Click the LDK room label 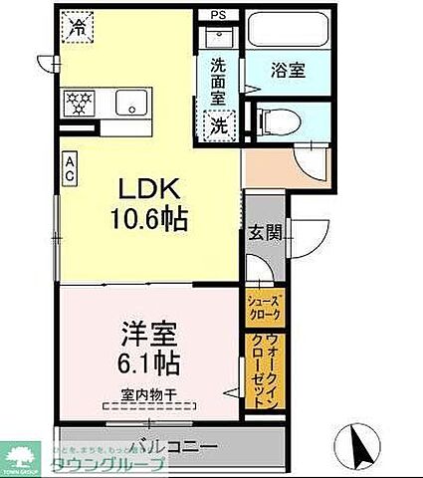click(x=149, y=189)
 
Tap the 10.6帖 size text click(x=149, y=216)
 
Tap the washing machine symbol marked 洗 click(x=218, y=126)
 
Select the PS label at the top click(x=218, y=15)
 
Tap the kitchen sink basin click(x=128, y=102)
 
